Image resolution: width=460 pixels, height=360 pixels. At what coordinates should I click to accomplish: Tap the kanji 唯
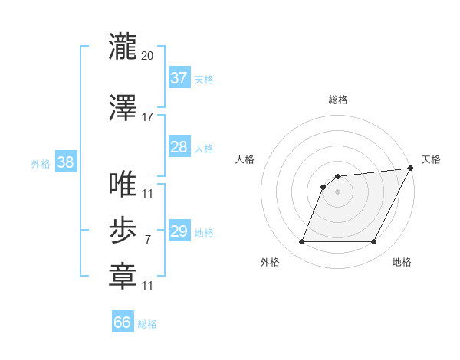[123, 185]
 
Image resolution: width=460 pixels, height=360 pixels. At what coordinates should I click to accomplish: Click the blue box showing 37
[179, 78]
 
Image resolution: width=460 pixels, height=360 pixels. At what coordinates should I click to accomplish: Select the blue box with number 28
[179, 147]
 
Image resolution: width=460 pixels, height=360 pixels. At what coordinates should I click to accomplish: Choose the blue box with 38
[64, 162]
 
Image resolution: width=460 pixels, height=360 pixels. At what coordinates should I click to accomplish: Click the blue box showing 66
[123, 322]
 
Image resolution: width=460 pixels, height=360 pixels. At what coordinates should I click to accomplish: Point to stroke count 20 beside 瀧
[148, 56]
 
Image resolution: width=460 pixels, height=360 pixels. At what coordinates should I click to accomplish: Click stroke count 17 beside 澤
[148, 117]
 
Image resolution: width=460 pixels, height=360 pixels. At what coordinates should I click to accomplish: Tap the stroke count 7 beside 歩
[147, 240]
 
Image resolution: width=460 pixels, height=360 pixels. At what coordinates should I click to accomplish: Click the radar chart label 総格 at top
[338, 100]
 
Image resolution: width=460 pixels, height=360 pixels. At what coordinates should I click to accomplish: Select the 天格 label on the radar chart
[431, 159]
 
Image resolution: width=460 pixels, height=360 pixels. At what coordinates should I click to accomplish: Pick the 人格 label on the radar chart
[245, 159]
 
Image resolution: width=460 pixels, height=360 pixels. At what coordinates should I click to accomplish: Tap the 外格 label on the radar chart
[270, 262]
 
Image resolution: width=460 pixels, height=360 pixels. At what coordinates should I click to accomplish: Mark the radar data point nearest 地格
[374, 242]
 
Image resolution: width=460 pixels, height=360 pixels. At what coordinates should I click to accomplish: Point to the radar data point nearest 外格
[301, 242]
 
